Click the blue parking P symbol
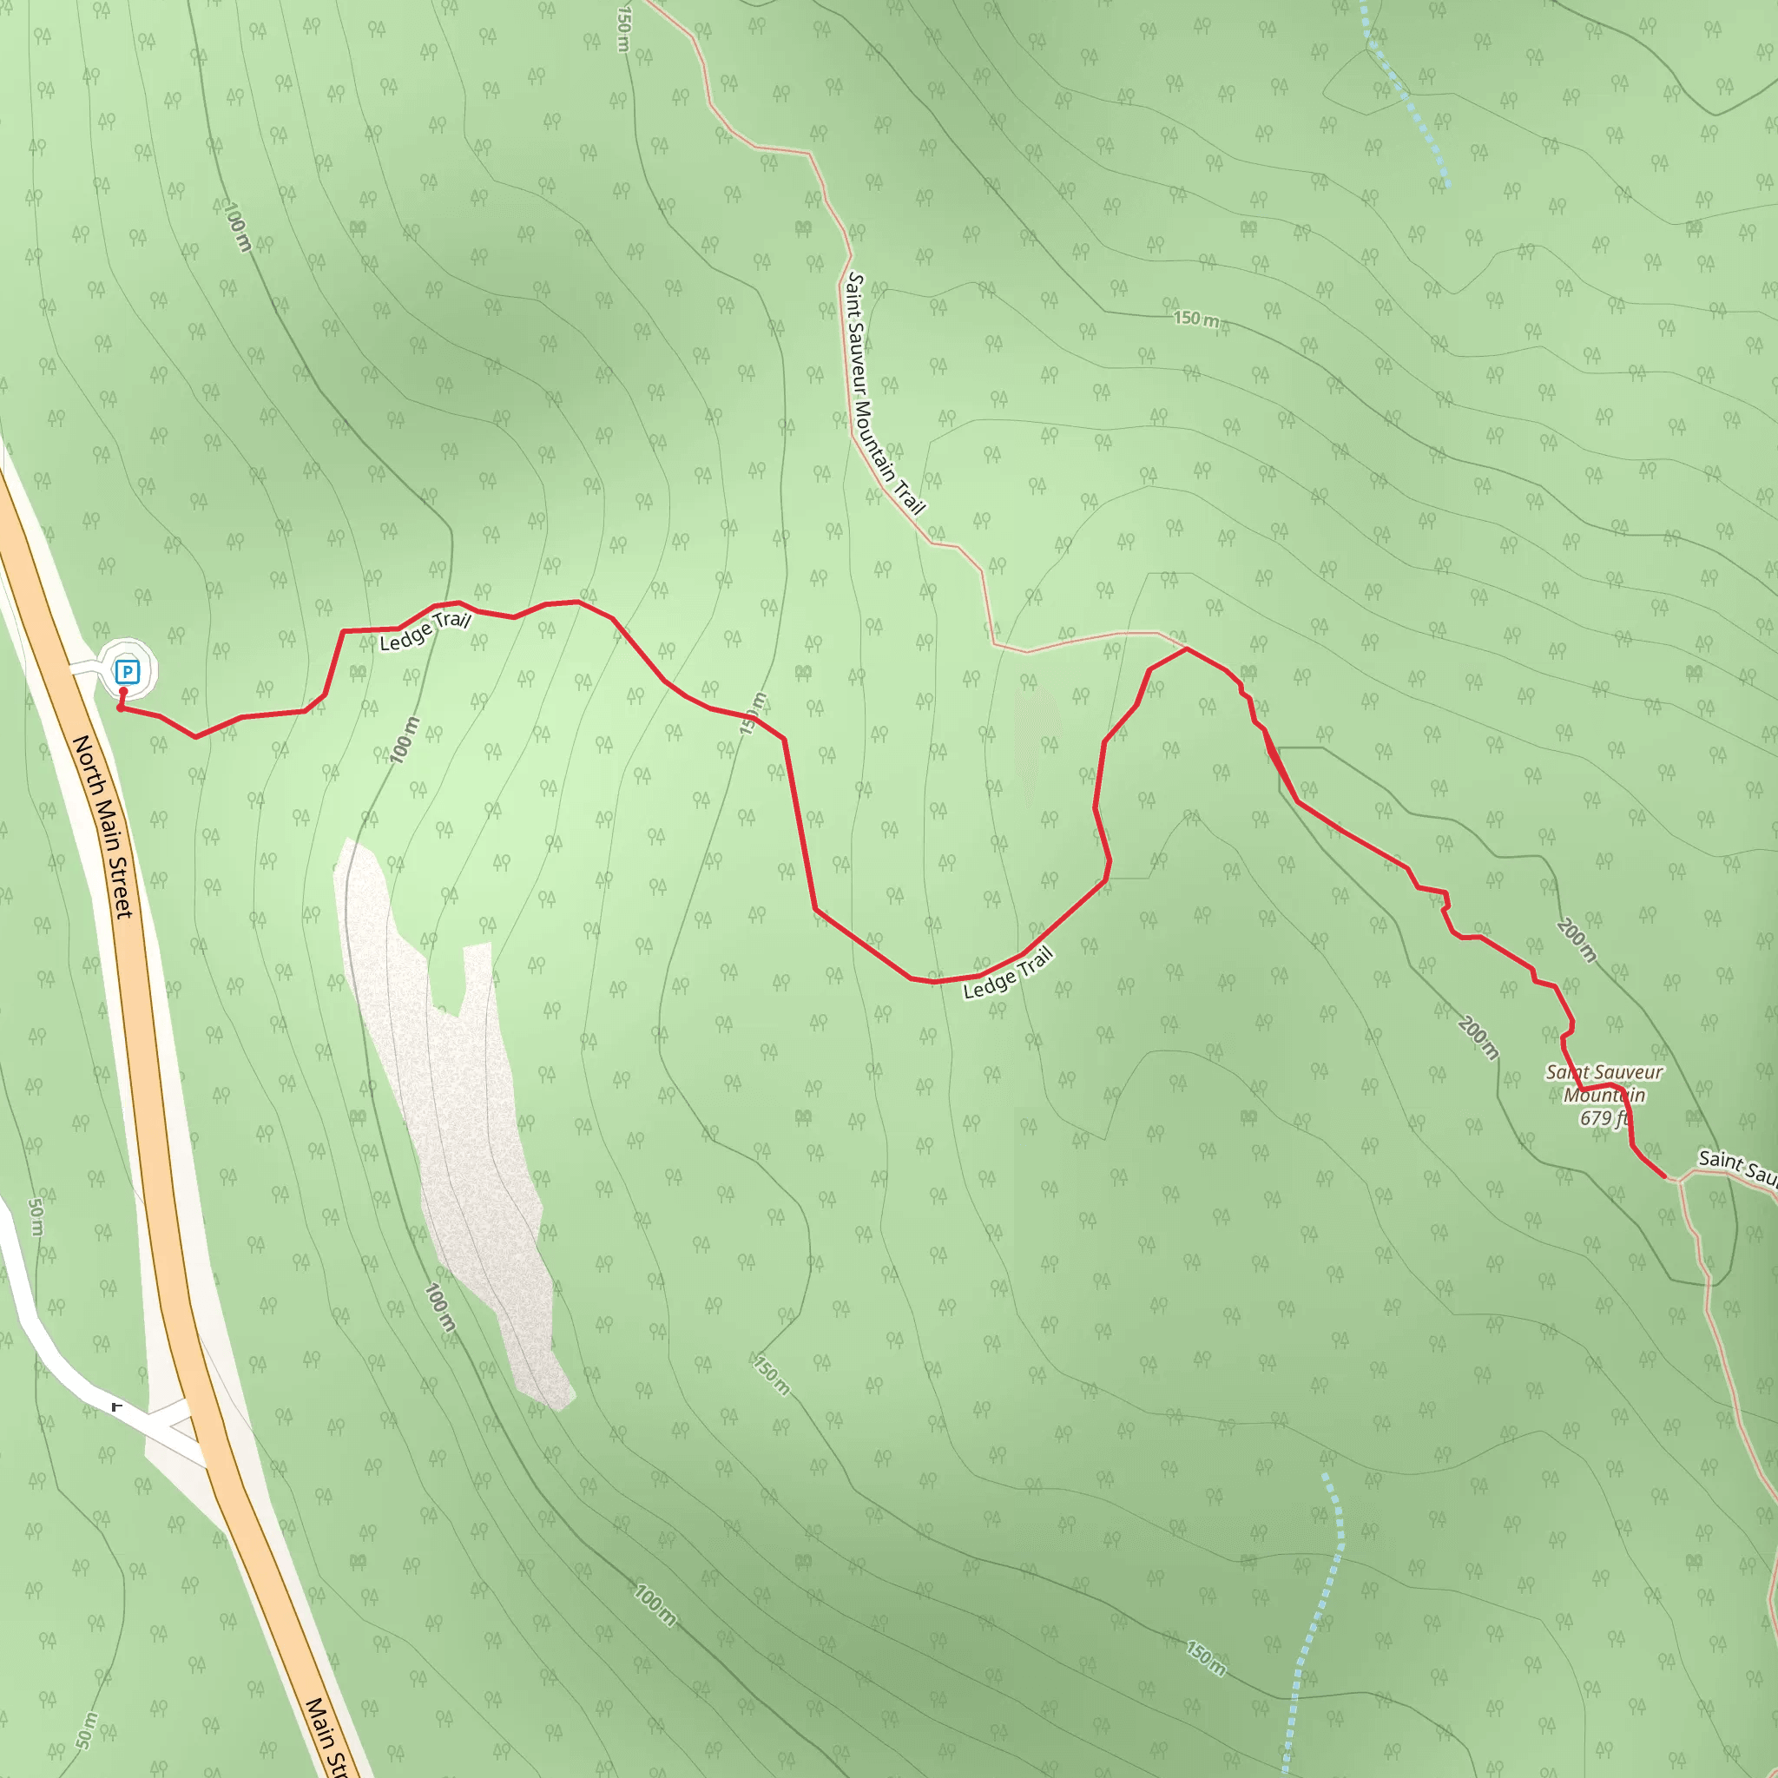point(127,672)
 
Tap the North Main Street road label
point(104,826)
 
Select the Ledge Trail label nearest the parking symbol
point(425,631)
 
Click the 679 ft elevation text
point(1604,1118)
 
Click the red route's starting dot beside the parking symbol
point(121,708)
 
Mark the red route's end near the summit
point(1665,1177)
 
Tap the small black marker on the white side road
point(116,1407)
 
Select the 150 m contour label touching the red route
point(753,714)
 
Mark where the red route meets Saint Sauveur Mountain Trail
point(1185,649)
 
